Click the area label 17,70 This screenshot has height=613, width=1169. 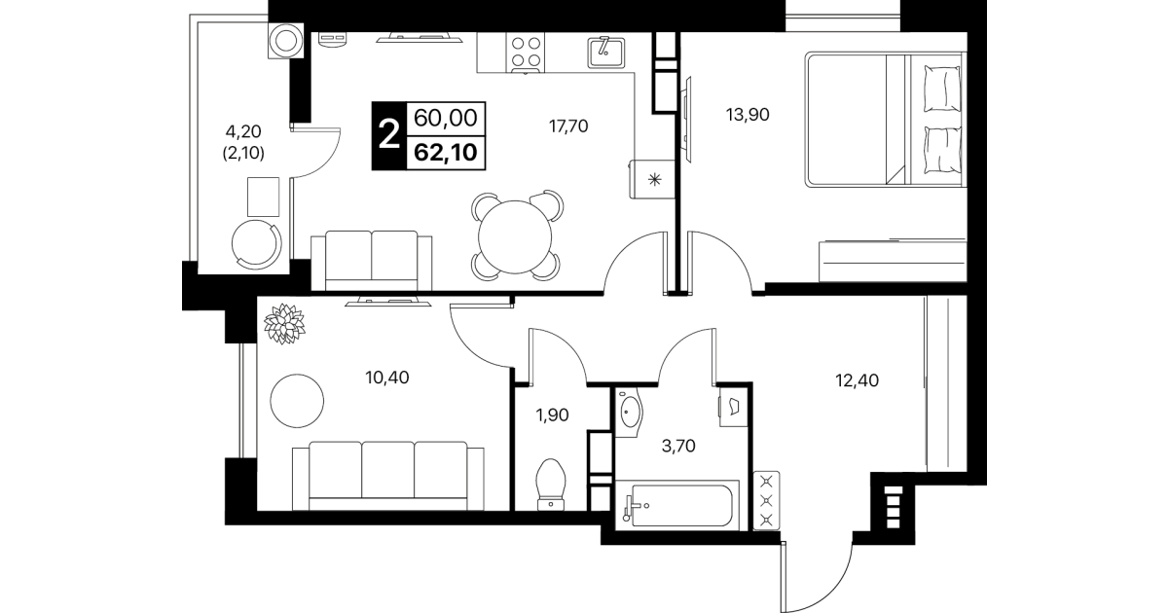[x=568, y=126]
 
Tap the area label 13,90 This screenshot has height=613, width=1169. [x=748, y=114]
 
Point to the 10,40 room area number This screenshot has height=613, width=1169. [x=387, y=378]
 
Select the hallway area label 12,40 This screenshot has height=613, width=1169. [x=857, y=380]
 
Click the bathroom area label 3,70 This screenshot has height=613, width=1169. [x=678, y=446]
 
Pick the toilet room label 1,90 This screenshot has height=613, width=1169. [x=552, y=415]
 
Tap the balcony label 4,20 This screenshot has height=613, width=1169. [x=243, y=131]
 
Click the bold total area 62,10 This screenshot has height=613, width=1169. [x=446, y=153]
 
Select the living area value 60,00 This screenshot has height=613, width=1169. [x=446, y=119]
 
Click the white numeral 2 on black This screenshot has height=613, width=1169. [x=388, y=135]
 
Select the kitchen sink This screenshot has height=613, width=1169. [x=605, y=52]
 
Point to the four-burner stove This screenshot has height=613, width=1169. [x=525, y=53]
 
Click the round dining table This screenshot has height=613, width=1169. [x=515, y=236]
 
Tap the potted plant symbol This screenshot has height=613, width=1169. [x=284, y=323]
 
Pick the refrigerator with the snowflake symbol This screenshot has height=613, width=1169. [x=653, y=179]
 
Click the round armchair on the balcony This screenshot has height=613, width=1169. [x=256, y=244]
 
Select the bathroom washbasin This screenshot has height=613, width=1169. [x=629, y=413]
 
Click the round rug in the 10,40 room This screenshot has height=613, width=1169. [x=297, y=401]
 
